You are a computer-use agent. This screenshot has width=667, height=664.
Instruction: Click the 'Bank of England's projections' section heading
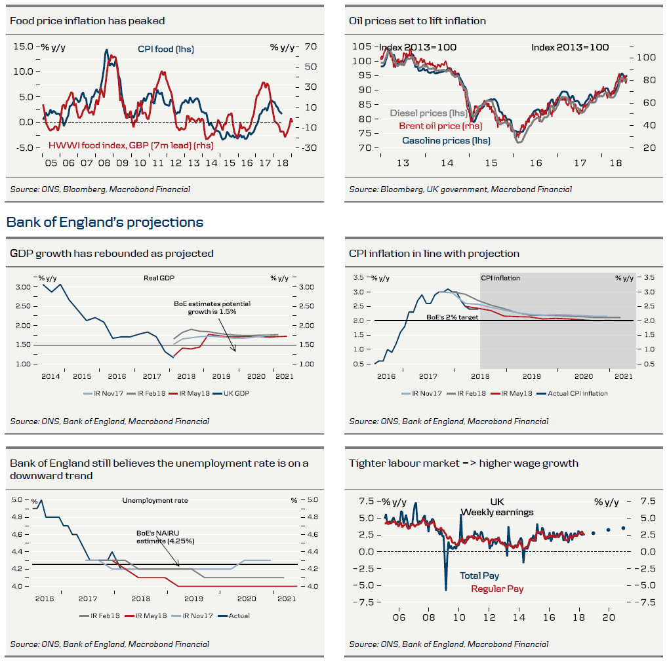105,222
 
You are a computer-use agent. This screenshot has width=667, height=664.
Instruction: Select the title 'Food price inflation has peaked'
87,21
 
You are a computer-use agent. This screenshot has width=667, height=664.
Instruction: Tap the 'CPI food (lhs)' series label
165,49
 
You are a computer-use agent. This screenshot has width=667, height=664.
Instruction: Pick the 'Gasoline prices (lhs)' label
446,140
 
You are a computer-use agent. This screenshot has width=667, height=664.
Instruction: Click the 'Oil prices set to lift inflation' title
417,21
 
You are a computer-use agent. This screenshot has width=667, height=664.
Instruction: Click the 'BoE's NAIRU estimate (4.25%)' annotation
165,537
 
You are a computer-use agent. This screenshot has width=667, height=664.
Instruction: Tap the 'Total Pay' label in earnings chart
479,576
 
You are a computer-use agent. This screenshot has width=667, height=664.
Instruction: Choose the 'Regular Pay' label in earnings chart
497,589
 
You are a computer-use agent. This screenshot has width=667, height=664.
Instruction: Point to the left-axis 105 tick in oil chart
361,47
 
